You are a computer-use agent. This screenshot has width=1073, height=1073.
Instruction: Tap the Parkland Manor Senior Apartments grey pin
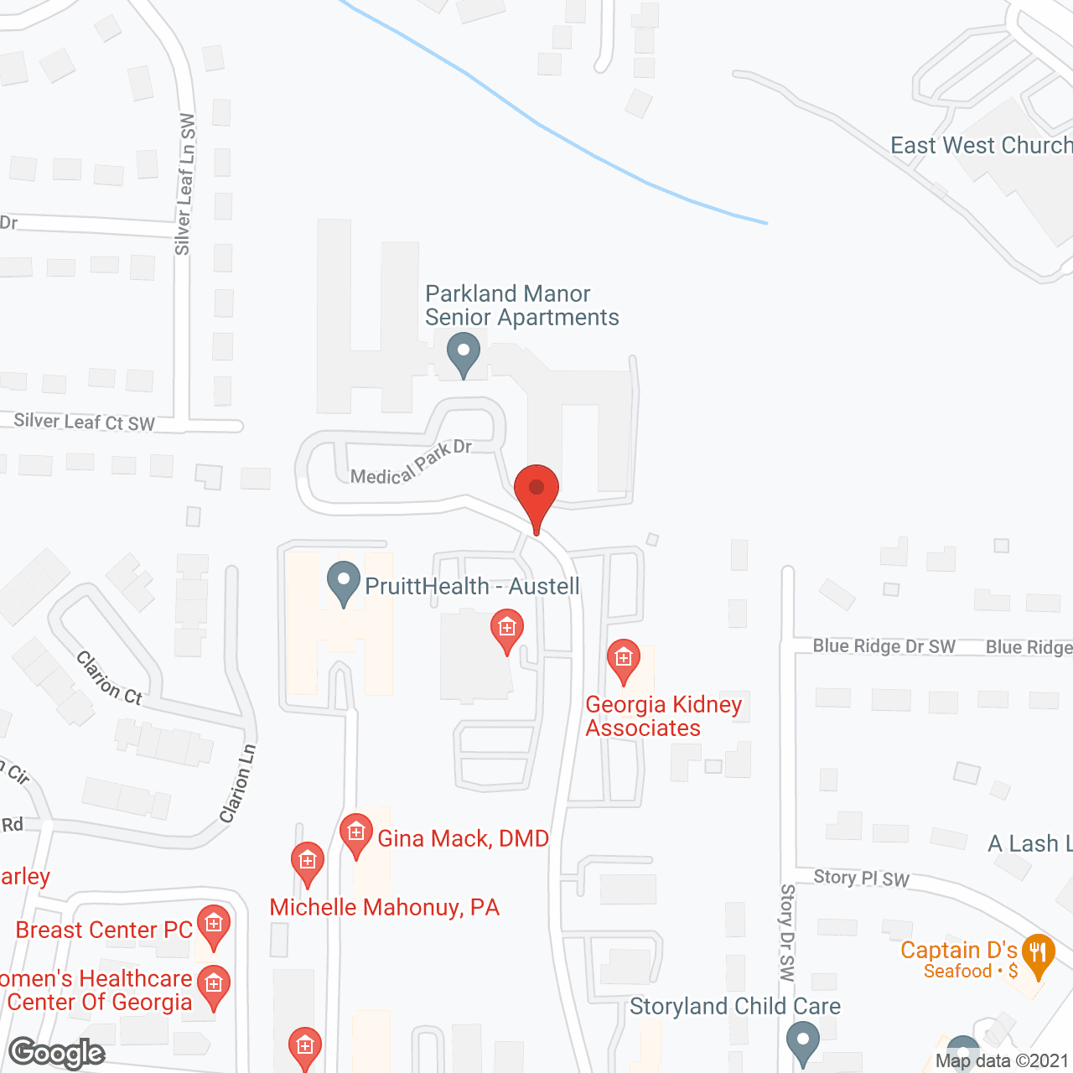click(x=463, y=353)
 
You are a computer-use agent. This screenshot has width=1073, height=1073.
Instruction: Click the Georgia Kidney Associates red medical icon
click(x=623, y=660)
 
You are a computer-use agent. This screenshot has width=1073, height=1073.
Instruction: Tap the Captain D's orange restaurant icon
click(x=1038, y=953)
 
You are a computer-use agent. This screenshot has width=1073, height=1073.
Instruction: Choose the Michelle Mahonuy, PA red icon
click(x=308, y=862)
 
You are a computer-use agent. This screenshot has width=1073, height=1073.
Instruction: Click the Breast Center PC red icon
click(x=214, y=925)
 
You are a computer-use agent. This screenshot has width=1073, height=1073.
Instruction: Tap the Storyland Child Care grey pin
click(x=803, y=1044)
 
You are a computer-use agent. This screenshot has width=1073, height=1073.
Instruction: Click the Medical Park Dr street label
click(x=411, y=463)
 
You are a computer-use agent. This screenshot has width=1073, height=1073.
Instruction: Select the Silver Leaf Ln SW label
click(x=185, y=184)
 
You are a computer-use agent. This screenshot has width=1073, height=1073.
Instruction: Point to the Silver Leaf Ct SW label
click(x=85, y=422)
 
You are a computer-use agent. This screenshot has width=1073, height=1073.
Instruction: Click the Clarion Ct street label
click(x=110, y=678)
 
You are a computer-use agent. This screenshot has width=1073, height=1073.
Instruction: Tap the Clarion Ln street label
click(x=237, y=784)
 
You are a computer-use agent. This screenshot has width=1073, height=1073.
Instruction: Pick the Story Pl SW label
click(x=861, y=878)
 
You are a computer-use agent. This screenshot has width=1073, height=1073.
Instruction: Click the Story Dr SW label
click(x=786, y=931)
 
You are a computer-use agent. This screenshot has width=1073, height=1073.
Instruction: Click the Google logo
click(x=57, y=1053)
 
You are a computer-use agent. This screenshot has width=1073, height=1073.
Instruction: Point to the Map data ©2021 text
click(x=1002, y=1061)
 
